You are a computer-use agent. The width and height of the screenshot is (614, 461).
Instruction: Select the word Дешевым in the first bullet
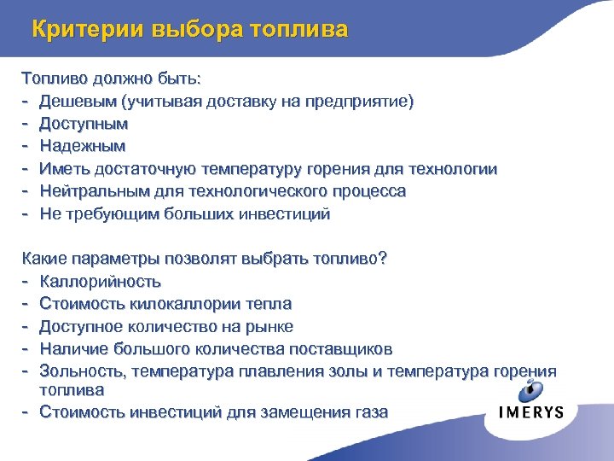tap(78, 102)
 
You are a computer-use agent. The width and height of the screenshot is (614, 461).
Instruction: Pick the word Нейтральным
tap(93, 191)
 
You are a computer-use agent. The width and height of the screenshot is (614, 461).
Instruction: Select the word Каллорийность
tap(100, 281)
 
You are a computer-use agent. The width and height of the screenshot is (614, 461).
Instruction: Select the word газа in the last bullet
tap(369, 411)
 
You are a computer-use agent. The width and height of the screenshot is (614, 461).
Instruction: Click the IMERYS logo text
tap(530, 412)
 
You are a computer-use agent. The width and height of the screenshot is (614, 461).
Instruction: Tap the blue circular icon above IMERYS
tap(530, 390)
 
